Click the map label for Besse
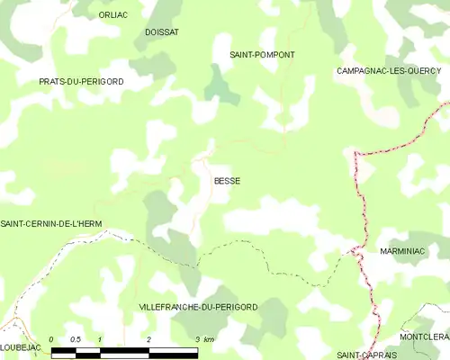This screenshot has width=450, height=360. click(227, 181)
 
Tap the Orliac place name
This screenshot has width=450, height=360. click(114, 15)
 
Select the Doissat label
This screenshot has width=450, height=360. click(162, 32)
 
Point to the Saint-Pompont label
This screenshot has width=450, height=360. click(262, 55)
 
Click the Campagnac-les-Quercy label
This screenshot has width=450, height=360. click(388, 70)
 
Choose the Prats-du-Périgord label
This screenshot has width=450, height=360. click(81, 82)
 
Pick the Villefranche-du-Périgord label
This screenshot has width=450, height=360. click(198, 307)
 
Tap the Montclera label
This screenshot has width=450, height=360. click(424, 337)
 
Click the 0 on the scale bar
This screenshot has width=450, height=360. click(51, 338)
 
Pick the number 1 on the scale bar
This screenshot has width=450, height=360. click(100, 338)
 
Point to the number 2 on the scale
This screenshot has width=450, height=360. click(148, 338)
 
